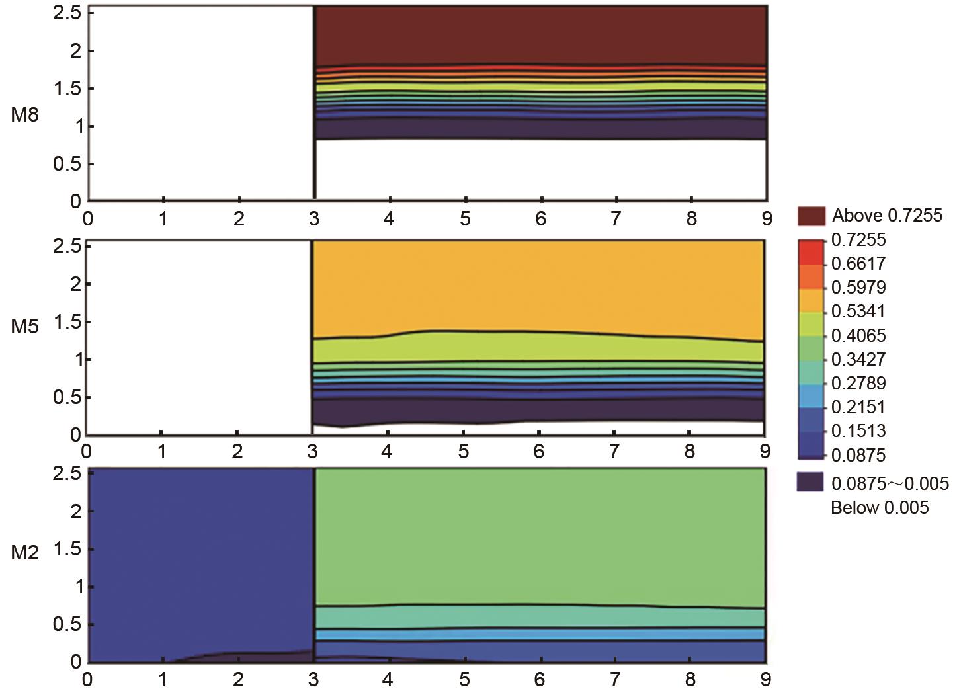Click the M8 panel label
[24, 115]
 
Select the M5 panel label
[24, 326]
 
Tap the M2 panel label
[24, 553]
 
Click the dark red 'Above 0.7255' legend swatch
[811, 216]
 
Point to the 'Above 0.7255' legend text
[887, 216]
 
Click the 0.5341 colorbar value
[858, 311]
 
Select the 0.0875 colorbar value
[858, 455]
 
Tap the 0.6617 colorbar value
[858, 264]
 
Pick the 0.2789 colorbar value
[858, 384]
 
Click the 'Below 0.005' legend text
[880, 508]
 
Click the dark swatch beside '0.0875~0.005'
[811, 482]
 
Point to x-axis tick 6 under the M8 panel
[541, 218]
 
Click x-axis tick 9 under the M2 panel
[766, 680]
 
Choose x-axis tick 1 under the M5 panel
[161, 452]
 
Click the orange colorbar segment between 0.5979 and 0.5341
[811, 299]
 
